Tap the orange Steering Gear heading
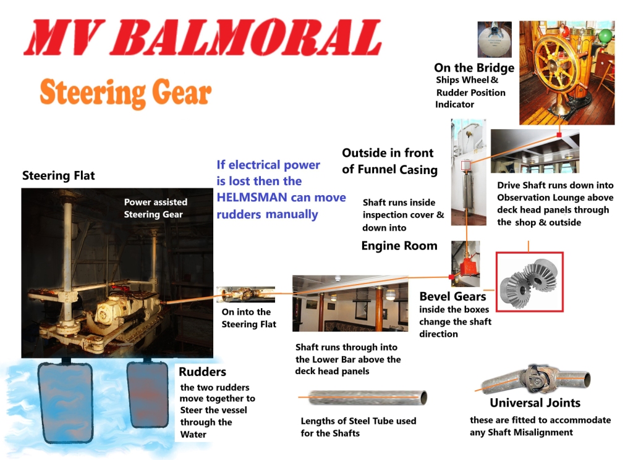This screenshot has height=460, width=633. point(125,93)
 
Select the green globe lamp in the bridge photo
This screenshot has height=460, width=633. point(605,35)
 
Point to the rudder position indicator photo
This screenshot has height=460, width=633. point(495,40)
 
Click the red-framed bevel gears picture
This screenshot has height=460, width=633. point(529,282)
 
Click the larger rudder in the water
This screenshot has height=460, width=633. point(65,402)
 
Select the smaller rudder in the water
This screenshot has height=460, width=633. point(147,395)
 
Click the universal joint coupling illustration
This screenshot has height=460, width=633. point(536,379)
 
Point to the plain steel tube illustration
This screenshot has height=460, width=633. point(363,397)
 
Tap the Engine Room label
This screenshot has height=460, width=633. point(399,246)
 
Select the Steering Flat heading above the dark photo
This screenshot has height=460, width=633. point(59,175)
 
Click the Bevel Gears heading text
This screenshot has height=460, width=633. point(452,296)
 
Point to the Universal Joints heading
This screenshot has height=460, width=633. point(535,403)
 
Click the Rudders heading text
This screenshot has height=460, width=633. point(202,372)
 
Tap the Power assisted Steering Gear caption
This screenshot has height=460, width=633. point(155,208)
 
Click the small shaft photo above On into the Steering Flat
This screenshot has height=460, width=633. point(245,295)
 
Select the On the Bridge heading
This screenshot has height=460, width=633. point(474,68)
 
